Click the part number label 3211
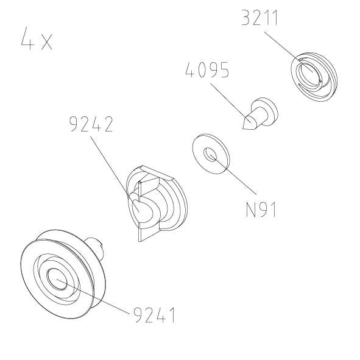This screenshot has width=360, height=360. coord(259,18)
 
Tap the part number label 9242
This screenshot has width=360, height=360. coord(91,125)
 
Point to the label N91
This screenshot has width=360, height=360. coord(261,210)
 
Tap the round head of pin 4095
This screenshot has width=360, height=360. coord(266,109)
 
